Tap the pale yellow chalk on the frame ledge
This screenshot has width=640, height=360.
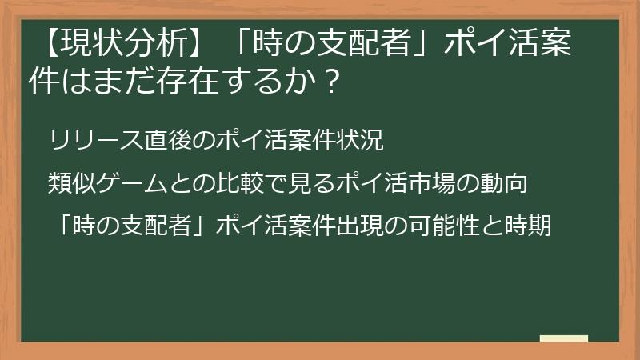click(x=564, y=338)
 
